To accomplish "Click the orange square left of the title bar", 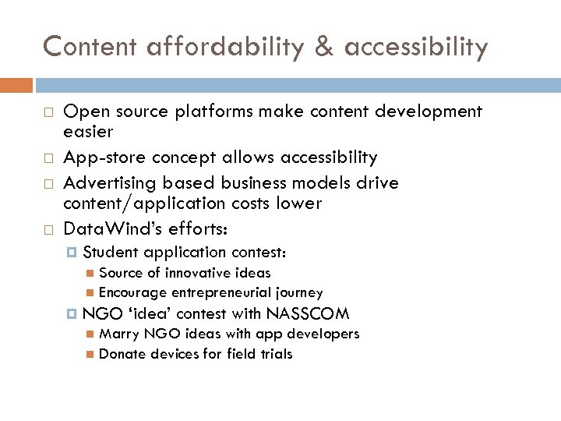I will point(16,84).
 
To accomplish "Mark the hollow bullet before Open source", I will point(47,112).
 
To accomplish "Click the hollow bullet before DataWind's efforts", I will point(47,230).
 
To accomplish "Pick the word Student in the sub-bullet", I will point(110,253).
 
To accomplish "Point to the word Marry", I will point(119,334).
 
